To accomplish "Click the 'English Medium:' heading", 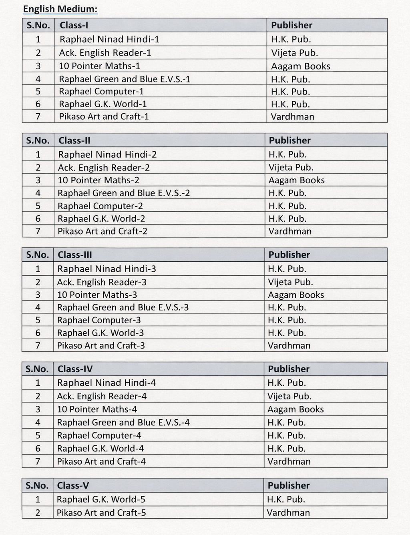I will [60, 9].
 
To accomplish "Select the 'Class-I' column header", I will [74, 25].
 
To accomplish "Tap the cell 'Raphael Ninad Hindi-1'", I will [109, 39].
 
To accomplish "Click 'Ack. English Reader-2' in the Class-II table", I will [104, 168].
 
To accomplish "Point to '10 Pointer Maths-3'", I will [97, 295].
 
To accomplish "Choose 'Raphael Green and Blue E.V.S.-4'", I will [123, 423].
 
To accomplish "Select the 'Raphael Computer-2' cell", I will [100, 206].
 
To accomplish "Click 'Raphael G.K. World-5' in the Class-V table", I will [101, 499].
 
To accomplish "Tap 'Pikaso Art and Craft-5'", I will [101, 513].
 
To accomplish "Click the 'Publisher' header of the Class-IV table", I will [289, 369].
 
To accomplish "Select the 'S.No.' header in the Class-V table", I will [37, 485].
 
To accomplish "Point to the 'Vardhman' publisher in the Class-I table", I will [292, 117].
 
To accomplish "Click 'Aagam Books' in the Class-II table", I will [296, 180].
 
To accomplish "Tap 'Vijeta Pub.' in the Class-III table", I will [290, 282].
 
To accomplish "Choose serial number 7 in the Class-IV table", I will [38, 461].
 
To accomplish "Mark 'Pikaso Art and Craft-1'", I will [104, 116].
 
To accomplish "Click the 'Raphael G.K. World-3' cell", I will [100, 333].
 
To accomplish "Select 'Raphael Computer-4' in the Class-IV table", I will [99, 435].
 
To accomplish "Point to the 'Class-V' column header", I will [73, 485].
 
